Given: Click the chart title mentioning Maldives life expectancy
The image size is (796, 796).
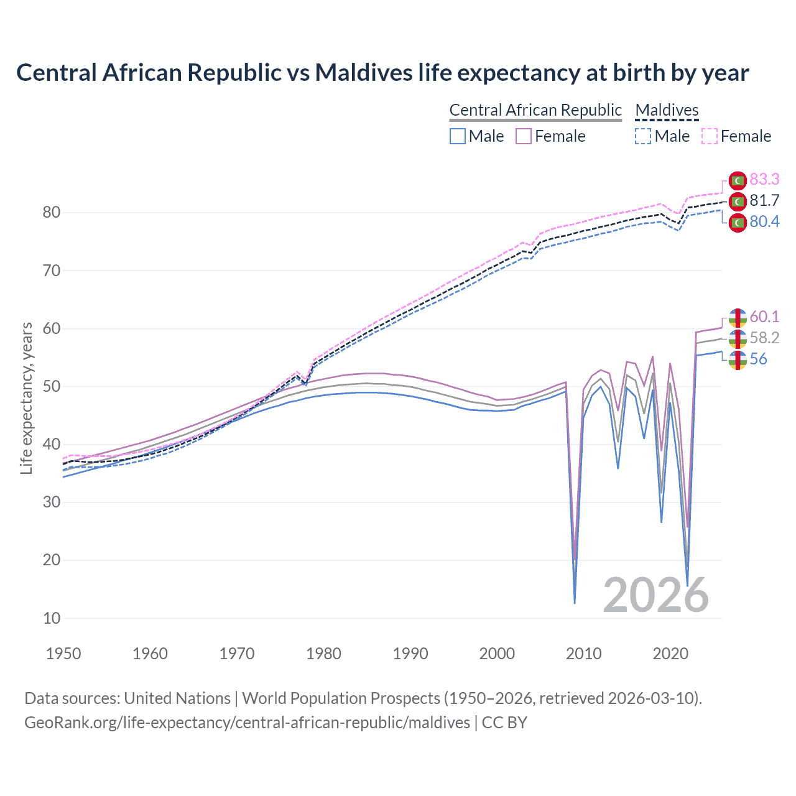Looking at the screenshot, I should pyautogui.click(x=382, y=73).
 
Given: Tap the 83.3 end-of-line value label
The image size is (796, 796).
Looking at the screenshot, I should pyautogui.click(x=764, y=179).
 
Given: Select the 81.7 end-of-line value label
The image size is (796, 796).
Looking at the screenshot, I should pyautogui.click(x=764, y=200).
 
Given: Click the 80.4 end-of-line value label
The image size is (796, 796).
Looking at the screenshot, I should pyautogui.click(x=764, y=222).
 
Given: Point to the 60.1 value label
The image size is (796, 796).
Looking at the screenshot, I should pyautogui.click(x=764, y=317).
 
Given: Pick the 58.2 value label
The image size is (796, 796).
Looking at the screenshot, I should pyautogui.click(x=764, y=338).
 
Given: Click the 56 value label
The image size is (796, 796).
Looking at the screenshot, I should pyautogui.click(x=758, y=359).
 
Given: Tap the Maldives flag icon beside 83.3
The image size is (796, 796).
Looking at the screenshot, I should pyautogui.click(x=738, y=180).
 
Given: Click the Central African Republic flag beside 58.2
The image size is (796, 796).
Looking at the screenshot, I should pyautogui.click(x=738, y=339).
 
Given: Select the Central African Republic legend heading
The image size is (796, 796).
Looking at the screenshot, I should pyautogui.click(x=535, y=110).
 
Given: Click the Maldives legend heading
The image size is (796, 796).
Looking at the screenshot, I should pyautogui.click(x=667, y=110).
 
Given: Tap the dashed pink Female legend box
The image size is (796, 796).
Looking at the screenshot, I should pyautogui.click(x=710, y=136).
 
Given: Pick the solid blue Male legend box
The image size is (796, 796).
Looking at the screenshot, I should pyautogui.click(x=458, y=136).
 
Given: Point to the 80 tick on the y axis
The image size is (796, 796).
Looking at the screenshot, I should pyautogui.click(x=52, y=213).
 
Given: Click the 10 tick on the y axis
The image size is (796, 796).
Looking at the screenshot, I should pyautogui.click(x=52, y=618).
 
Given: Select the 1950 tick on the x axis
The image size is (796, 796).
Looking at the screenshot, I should pyautogui.click(x=63, y=654).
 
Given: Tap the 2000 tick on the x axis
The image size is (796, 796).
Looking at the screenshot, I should pyautogui.click(x=497, y=654).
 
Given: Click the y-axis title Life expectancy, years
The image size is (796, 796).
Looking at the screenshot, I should pyautogui.click(x=26, y=398).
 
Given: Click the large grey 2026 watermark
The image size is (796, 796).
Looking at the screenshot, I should pyautogui.click(x=656, y=595).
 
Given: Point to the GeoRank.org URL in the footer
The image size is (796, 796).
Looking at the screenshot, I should pyautogui.click(x=247, y=723).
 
